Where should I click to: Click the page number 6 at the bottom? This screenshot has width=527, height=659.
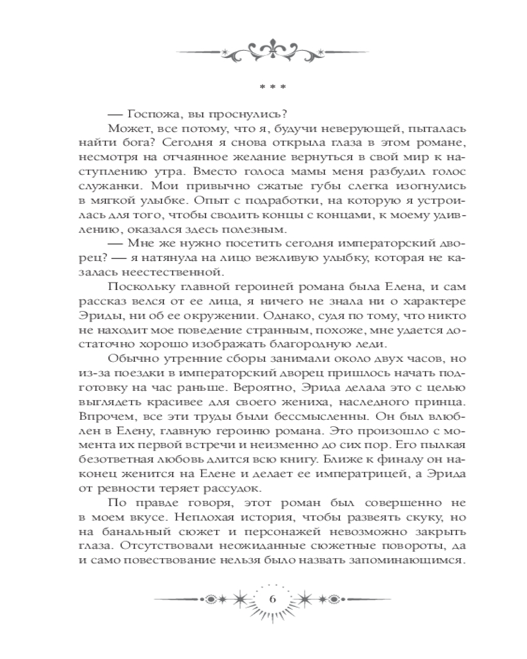(273, 598)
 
